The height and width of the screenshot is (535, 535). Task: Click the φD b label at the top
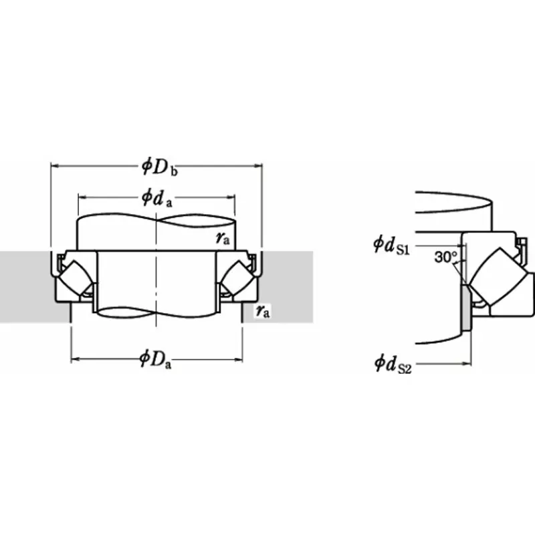click(159, 166)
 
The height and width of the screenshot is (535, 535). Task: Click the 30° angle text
click(445, 257)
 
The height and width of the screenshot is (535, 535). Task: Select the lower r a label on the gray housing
click(262, 311)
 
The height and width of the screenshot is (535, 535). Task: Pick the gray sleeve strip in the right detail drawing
click(466, 308)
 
